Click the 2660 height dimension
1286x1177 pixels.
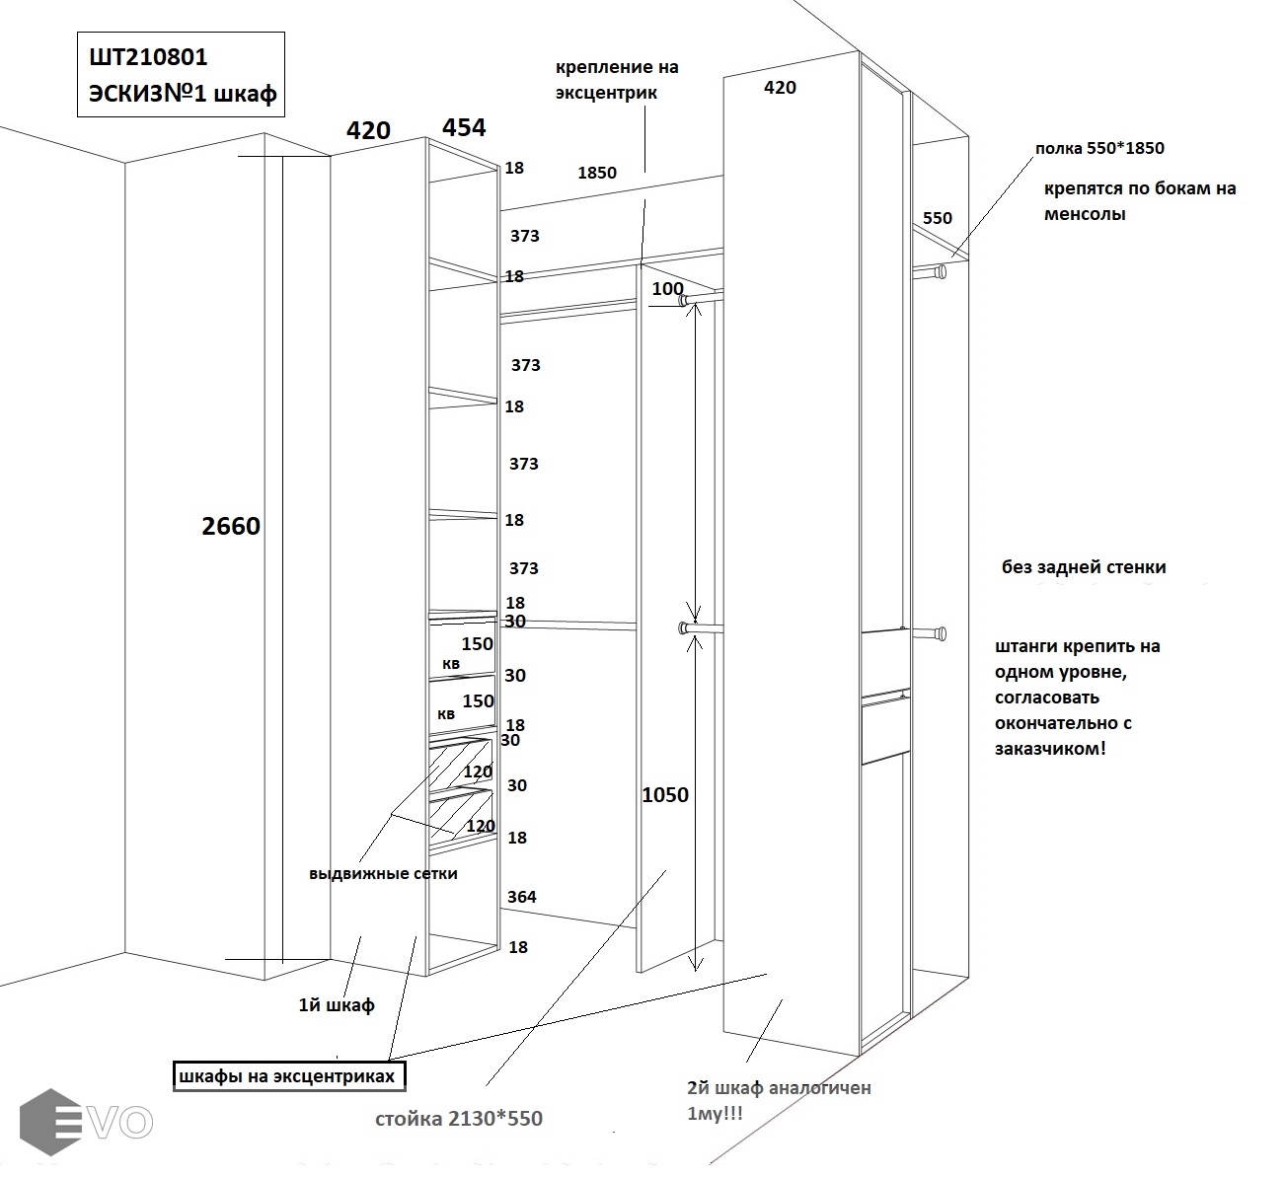click(x=231, y=526)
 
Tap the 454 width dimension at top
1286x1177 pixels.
click(x=464, y=127)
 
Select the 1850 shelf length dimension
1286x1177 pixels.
click(x=596, y=173)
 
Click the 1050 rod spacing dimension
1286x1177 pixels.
click(x=665, y=795)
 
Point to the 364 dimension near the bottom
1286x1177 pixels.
click(x=522, y=897)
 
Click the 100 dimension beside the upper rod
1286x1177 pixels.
click(x=667, y=288)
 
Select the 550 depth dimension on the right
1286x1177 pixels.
click(x=937, y=218)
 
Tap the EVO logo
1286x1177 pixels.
click(x=87, y=1121)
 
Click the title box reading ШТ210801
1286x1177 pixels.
click(x=182, y=75)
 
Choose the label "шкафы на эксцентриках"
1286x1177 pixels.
click(x=288, y=1075)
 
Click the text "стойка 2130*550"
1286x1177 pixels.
click(x=459, y=1119)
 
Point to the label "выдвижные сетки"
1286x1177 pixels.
click(x=383, y=873)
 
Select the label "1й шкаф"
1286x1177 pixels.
click(x=336, y=1005)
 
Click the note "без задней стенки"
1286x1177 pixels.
click(x=1084, y=567)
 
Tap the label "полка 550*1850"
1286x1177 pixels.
click(x=1099, y=149)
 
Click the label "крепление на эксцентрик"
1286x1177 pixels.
click(x=617, y=80)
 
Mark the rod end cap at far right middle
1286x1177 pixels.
click(x=942, y=632)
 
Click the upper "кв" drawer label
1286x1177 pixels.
click(x=450, y=664)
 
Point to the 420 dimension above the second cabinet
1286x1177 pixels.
click(x=780, y=88)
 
